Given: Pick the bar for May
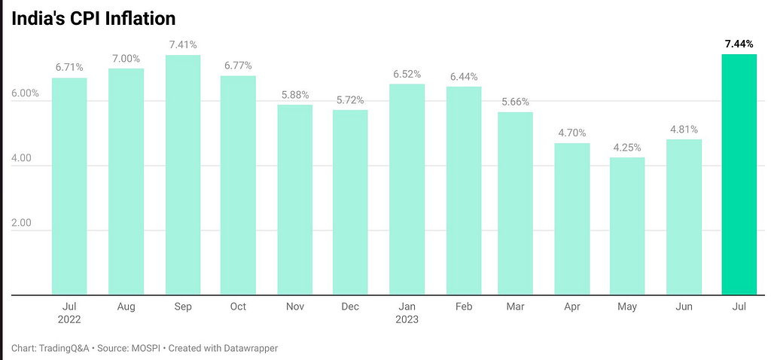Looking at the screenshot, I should pyautogui.click(x=627, y=225).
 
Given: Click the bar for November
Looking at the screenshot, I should pyautogui.click(x=294, y=199).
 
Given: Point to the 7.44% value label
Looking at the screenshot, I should pyautogui.click(x=739, y=45).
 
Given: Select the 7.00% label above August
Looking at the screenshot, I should pyautogui.click(x=126, y=59).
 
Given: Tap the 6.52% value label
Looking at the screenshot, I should pyautogui.click(x=407, y=75).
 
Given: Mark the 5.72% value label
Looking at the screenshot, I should pyautogui.click(x=350, y=100).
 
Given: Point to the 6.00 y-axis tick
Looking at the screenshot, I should pyautogui.click(x=25, y=93).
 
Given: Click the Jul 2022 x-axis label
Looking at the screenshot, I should pyautogui.click(x=69, y=313).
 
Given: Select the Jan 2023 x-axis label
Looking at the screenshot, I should pyautogui.click(x=407, y=313).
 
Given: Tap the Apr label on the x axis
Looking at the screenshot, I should pyautogui.click(x=571, y=307).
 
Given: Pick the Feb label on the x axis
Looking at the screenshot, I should pyautogui.click(x=463, y=307).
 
